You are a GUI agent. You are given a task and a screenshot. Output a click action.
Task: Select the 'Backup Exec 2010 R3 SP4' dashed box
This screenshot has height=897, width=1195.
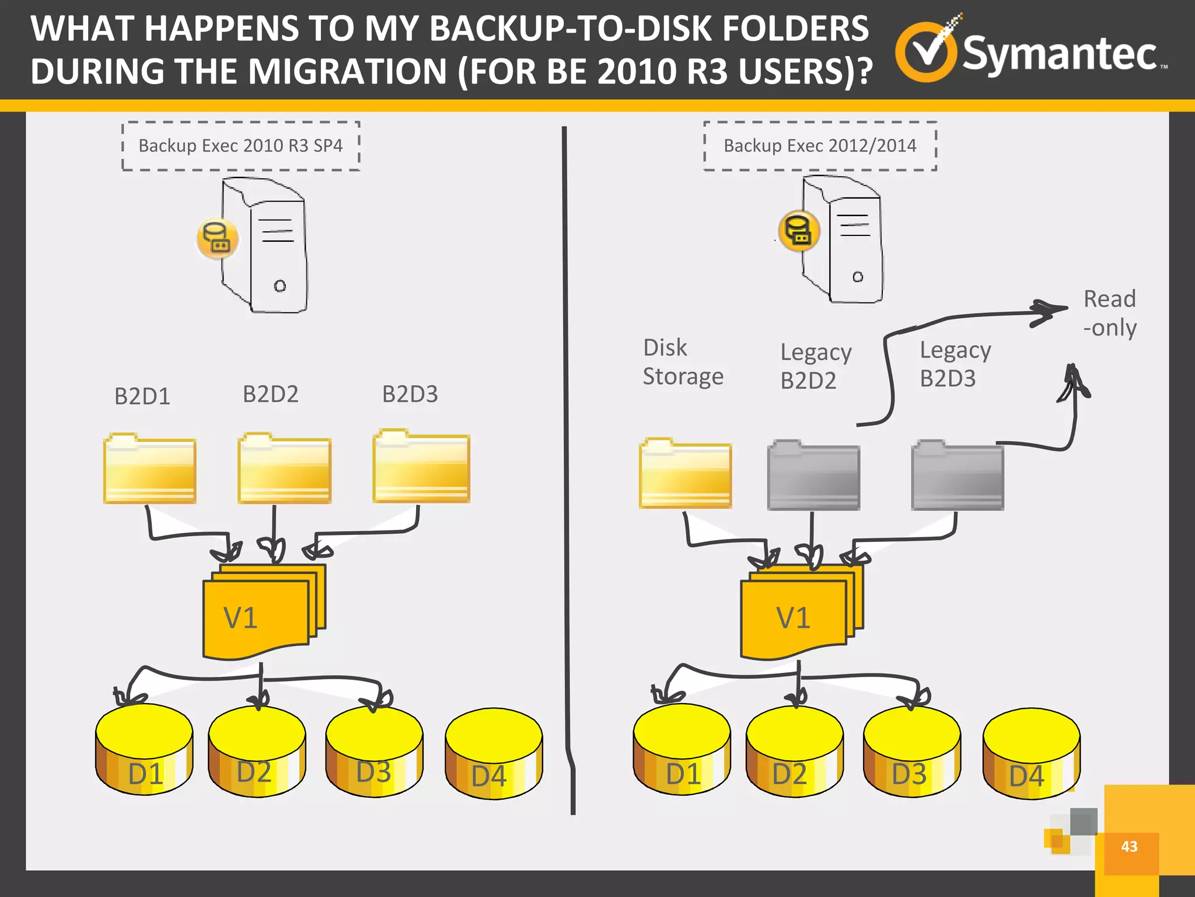(x=240, y=146)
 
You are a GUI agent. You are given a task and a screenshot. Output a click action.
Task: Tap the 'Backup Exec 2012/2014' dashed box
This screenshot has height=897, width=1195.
(x=820, y=146)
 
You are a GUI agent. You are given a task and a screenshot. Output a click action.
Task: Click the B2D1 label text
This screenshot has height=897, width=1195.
(x=142, y=397)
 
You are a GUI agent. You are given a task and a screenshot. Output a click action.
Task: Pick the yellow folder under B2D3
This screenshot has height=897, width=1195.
(x=421, y=467)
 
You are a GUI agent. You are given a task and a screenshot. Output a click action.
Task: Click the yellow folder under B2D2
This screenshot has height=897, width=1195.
(x=285, y=470)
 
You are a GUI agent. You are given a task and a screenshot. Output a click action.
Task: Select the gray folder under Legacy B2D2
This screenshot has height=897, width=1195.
(x=813, y=477)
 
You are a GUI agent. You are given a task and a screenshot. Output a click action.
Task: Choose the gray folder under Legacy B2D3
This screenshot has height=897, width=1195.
(x=958, y=477)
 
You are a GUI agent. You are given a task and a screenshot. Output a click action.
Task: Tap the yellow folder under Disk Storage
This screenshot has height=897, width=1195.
(x=685, y=474)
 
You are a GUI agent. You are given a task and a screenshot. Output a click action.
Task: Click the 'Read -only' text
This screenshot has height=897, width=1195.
(x=1109, y=313)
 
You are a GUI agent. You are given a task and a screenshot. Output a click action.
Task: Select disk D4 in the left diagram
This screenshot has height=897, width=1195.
(x=494, y=753)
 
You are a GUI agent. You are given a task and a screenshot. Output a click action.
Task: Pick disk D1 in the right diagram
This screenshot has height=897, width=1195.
(x=682, y=750)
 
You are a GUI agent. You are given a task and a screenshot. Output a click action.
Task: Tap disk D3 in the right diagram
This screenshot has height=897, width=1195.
(x=911, y=752)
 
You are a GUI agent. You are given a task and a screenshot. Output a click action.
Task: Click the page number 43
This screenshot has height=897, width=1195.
(x=1129, y=847)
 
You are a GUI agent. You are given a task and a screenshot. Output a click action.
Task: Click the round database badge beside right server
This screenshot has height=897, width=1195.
(x=799, y=231)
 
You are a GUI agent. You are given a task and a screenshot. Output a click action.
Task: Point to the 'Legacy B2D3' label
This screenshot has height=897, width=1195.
(x=955, y=364)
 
